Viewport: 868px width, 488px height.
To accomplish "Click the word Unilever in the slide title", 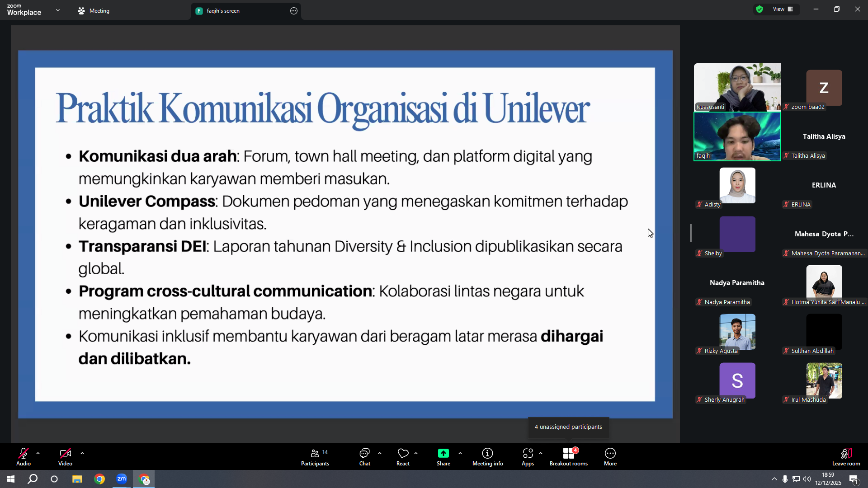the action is [x=537, y=108].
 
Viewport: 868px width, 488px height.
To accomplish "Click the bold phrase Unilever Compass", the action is [x=147, y=202].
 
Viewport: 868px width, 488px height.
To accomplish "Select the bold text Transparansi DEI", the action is [x=142, y=247].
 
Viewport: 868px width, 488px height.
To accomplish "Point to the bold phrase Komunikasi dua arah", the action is [x=158, y=156].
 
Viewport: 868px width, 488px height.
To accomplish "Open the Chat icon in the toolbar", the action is [x=364, y=453].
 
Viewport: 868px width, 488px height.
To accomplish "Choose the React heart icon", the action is [x=403, y=453].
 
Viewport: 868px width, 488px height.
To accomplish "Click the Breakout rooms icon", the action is [x=569, y=453].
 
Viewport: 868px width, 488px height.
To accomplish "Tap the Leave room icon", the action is [x=846, y=453].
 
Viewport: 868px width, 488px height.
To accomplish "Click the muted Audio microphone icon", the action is [x=24, y=453].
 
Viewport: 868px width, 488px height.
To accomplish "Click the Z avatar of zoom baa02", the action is [x=824, y=88].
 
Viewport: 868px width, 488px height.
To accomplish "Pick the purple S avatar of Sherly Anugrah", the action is [x=737, y=380].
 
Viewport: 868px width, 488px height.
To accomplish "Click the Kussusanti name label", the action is [x=710, y=107].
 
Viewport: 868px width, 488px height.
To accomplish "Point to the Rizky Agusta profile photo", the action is [x=737, y=332].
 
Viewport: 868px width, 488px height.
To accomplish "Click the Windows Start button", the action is [x=11, y=479].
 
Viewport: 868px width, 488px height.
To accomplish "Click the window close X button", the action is [x=858, y=9].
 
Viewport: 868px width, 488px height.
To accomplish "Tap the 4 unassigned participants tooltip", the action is [x=568, y=427].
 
